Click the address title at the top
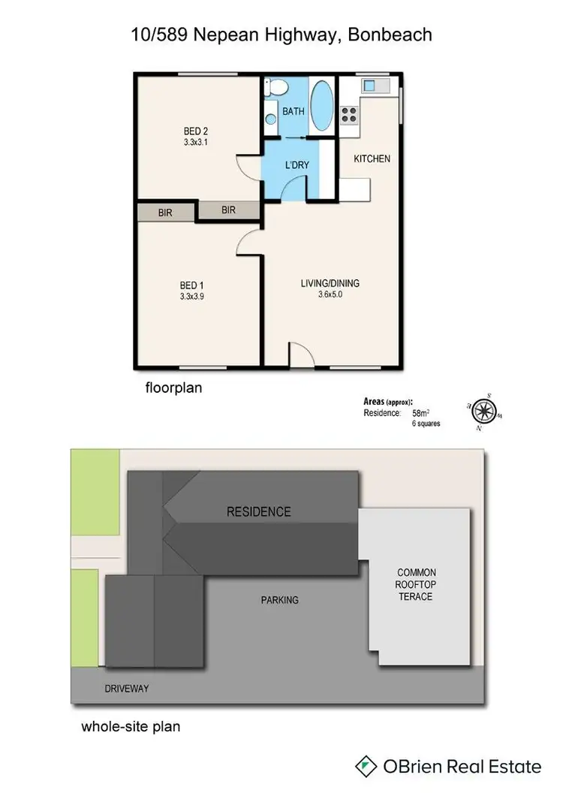pyautogui.click(x=281, y=35)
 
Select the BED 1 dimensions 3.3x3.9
pyautogui.click(x=191, y=297)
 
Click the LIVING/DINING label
pyautogui.click(x=330, y=283)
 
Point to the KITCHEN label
pyautogui.click(x=372, y=159)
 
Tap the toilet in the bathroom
pyautogui.click(x=275, y=89)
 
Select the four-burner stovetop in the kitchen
pyautogui.click(x=350, y=114)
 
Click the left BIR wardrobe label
pyautogui.click(x=165, y=213)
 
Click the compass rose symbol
pyautogui.click(x=486, y=411)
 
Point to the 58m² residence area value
pyautogui.click(x=420, y=413)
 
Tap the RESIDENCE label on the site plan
pyautogui.click(x=258, y=512)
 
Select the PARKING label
pyautogui.click(x=280, y=600)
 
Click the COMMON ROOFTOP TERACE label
pyautogui.click(x=416, y=584)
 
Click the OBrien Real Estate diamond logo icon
pyautogui.click(x=365, y=766)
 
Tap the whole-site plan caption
pyautogui.click(x=131, y=727)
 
